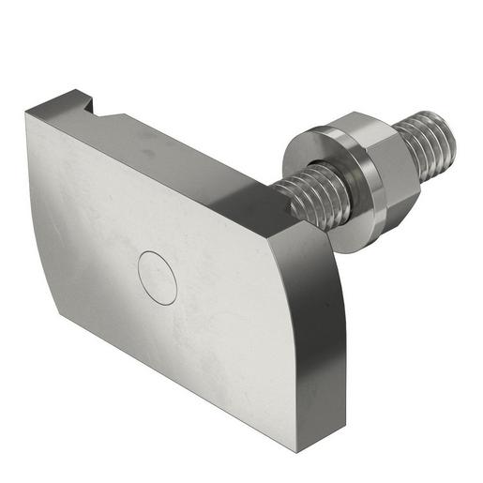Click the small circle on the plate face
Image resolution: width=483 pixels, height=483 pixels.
coord(158,278)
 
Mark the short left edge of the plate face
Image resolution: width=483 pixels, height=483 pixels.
coord(41,211)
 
